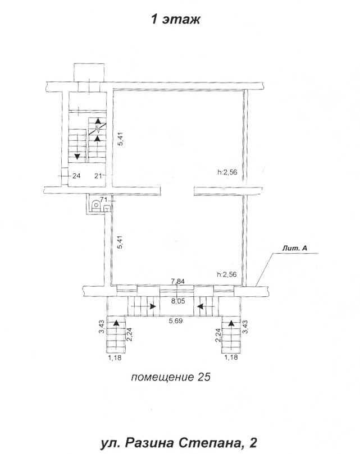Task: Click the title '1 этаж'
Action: (176, 20)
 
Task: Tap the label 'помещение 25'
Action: (171, 377)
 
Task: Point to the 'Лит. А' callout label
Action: (295, 248)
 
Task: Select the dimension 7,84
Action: (178, 281)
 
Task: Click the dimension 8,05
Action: (178, 301)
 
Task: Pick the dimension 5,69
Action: (176, 321)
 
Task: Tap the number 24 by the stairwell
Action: (76, 176)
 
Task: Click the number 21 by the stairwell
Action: (99, 176)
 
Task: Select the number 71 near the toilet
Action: (103, 199)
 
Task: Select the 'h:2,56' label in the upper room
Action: (227, 172)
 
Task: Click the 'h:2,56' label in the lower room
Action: (227, 274)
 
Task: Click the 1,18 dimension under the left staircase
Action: (115, 357)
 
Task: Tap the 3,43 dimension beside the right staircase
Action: (245, 327)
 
